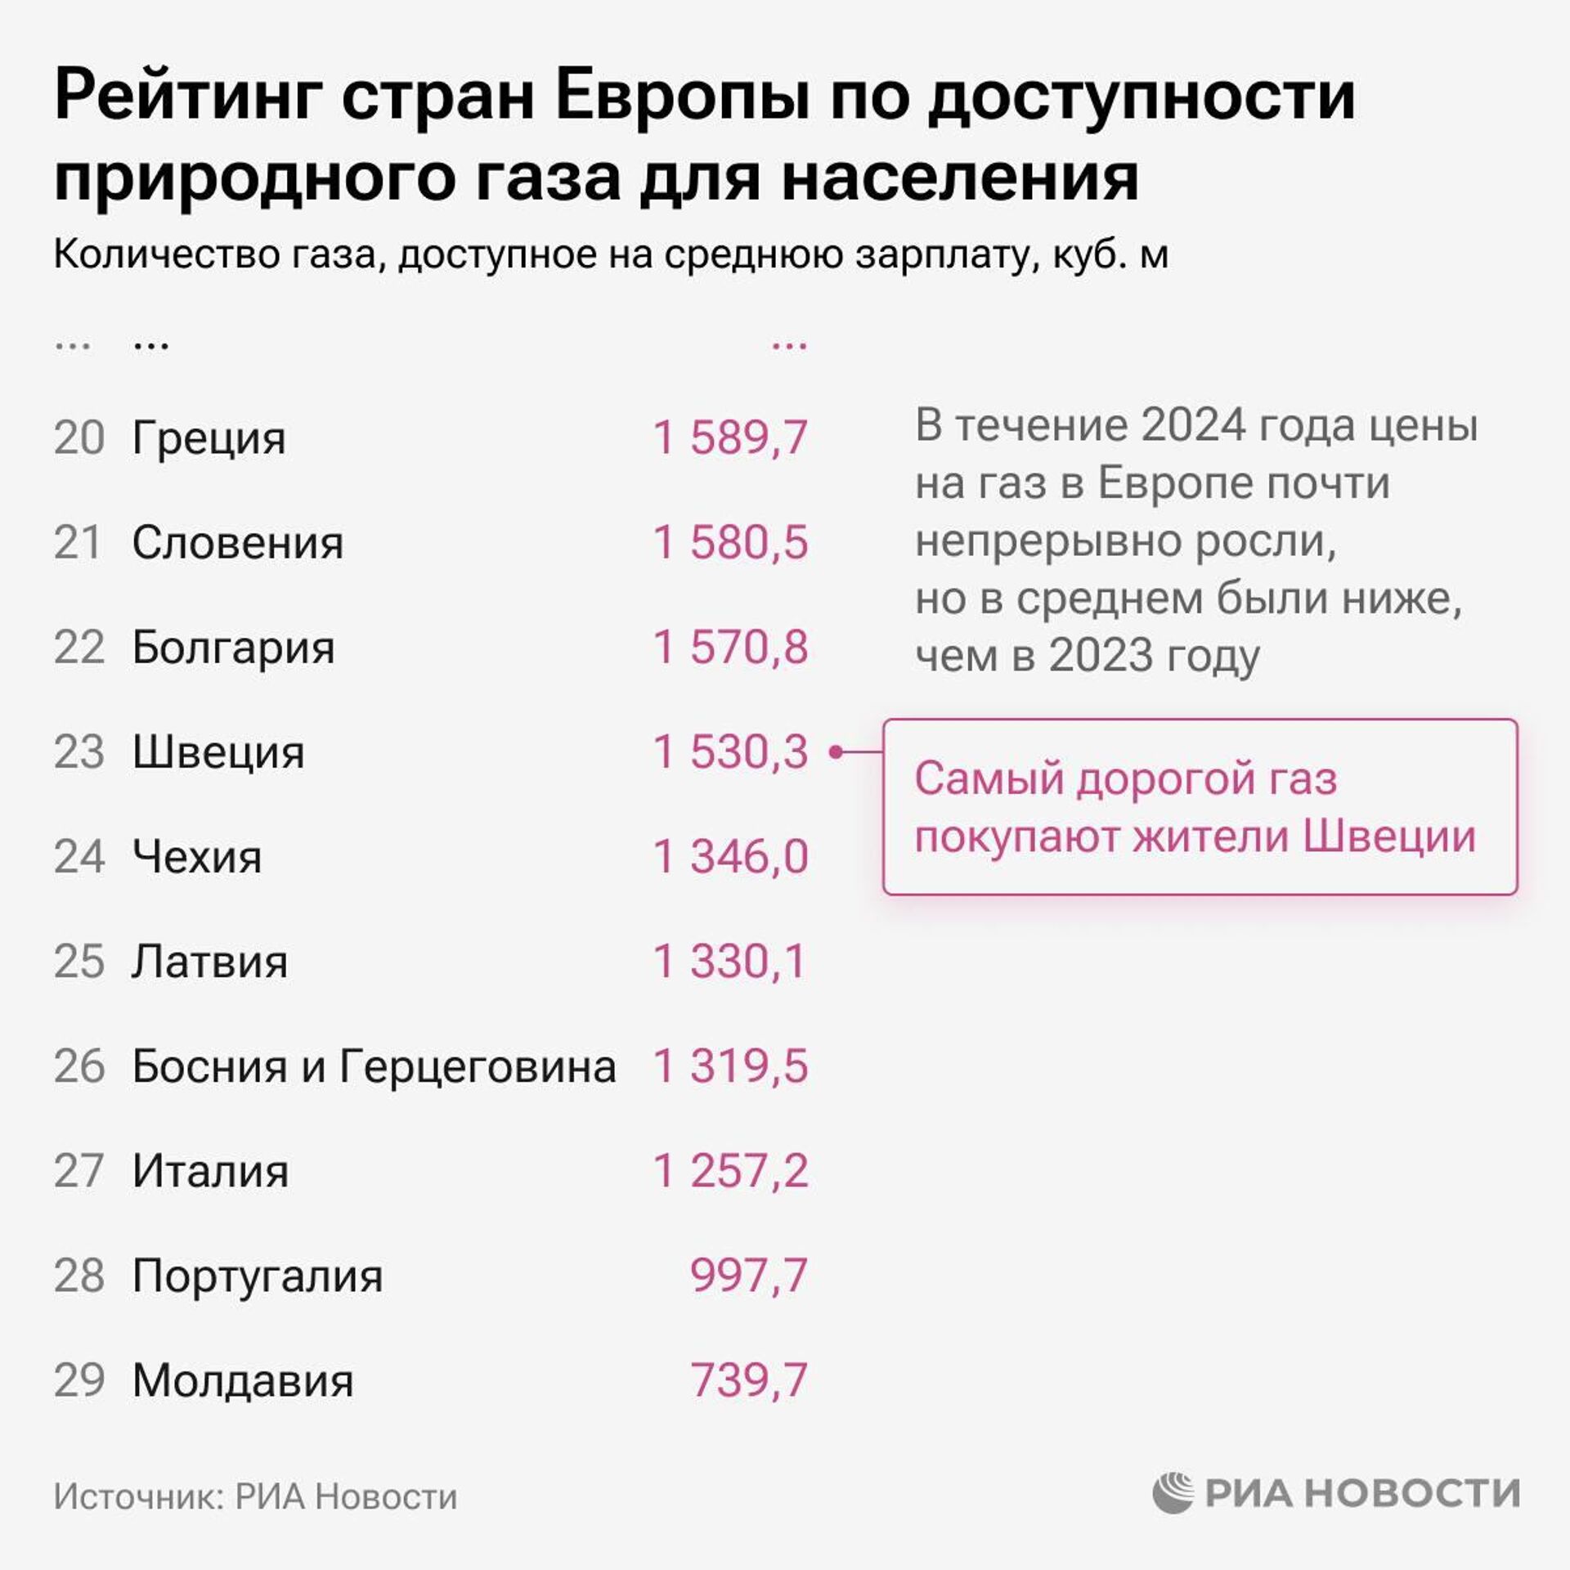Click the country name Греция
point(209,439)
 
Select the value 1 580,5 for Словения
point(730,543)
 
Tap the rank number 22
point(79,648)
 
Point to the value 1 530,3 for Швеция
point(730,752)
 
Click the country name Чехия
point(197,857)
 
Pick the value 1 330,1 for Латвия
point(730,962)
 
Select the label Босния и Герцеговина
point(374,1067)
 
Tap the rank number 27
point(79,1171)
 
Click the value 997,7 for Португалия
point(748,1276)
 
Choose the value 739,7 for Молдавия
point(748,1380)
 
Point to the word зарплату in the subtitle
point(948,255)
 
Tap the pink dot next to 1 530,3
point(836,751)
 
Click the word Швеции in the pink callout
point(1389,837)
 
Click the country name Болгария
point(233,648)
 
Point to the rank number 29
point(79,1380)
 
